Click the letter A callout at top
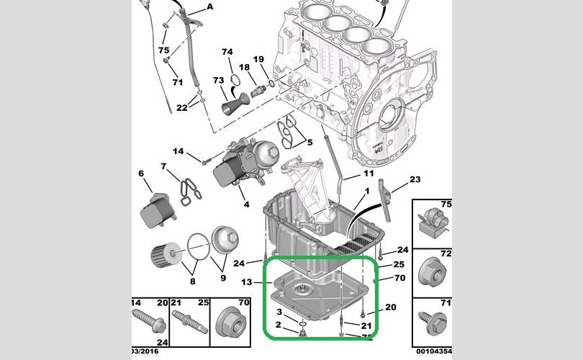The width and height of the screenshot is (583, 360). point(210,6)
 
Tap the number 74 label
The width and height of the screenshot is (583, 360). point(227,52)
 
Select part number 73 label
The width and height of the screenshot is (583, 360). point(219,81)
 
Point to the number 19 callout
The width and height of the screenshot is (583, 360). point(258,59)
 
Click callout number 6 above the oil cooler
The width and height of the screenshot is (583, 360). point(141,174)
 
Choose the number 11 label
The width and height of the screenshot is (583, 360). point(368,174)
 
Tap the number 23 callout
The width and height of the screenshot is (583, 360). point(415,179)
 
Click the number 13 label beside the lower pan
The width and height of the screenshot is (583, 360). point(247,282)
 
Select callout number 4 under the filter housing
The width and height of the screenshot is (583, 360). point(246,204)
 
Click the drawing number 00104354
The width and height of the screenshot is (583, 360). point(434,351)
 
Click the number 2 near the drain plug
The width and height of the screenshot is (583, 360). point(279,325)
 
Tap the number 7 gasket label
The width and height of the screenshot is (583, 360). point(164,167)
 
